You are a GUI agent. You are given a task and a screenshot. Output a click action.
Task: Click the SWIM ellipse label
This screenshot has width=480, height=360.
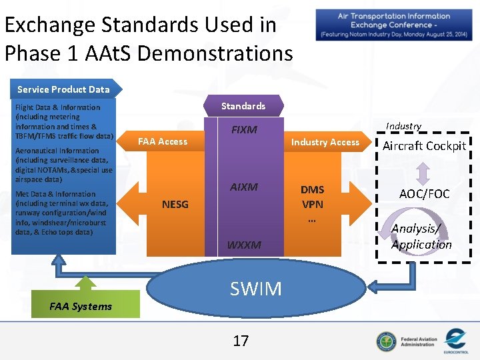coord(255,288)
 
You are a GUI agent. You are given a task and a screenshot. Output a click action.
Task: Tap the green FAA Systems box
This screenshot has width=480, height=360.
coord(81,306)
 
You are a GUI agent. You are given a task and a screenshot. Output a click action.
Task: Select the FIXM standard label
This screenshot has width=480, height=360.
coord(243,129)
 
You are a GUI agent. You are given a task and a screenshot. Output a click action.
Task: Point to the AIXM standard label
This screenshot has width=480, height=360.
coord(243,187)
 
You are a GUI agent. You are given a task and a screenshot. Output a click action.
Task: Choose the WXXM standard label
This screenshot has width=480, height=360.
coord(243,245)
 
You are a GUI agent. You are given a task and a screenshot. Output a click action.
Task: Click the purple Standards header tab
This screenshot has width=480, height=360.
coord(243,106)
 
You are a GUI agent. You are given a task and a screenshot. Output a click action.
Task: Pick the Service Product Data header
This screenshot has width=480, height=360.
coord(63,89)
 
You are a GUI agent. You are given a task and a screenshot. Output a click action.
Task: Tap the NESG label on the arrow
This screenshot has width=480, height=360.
coord(175,204)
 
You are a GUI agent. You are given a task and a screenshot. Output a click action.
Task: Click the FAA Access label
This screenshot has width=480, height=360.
coord(162,141)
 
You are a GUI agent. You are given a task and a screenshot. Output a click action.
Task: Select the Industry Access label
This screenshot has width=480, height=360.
coord(325,142)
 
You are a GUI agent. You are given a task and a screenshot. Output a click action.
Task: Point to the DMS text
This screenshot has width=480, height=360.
coord(312,189)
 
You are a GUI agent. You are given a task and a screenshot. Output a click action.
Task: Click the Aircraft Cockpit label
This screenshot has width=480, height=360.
coord(424,146)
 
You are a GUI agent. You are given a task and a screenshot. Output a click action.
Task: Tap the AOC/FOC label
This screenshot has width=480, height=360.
coord(425,194)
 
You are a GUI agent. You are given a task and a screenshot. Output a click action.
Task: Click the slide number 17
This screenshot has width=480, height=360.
coord(240,341)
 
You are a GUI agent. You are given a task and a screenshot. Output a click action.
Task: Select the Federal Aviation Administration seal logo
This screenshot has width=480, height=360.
coord(385,341)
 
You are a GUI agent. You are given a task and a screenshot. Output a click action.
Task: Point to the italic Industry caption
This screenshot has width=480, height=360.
coord(403,126)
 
